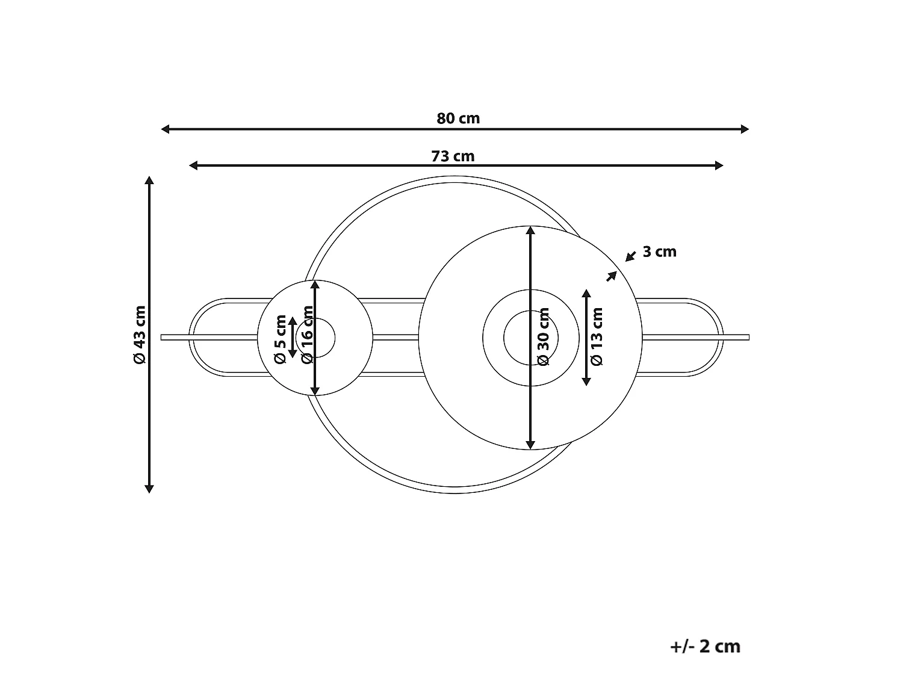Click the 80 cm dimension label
458,119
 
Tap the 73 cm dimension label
453,156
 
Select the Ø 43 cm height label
140,335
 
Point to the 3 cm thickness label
659,252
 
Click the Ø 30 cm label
544,336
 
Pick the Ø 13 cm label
597,336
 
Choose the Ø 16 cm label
307,335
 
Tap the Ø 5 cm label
280,339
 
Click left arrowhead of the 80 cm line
165,129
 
